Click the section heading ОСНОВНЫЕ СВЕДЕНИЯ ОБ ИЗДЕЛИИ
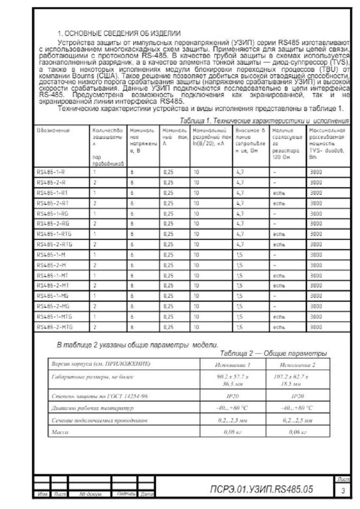click(119, 33)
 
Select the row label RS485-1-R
click(51, 172)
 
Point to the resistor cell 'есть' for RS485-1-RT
click(279, 193)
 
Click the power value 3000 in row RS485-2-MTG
click(315, 327)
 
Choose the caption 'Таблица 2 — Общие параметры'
click(274, 353)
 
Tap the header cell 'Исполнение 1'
click(233, 364)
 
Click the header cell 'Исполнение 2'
click(298, 364)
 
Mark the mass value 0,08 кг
click(233, 432)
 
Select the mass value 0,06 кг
click(298, 432)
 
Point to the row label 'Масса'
click(60, 432)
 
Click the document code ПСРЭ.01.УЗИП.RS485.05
click(262, 489)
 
